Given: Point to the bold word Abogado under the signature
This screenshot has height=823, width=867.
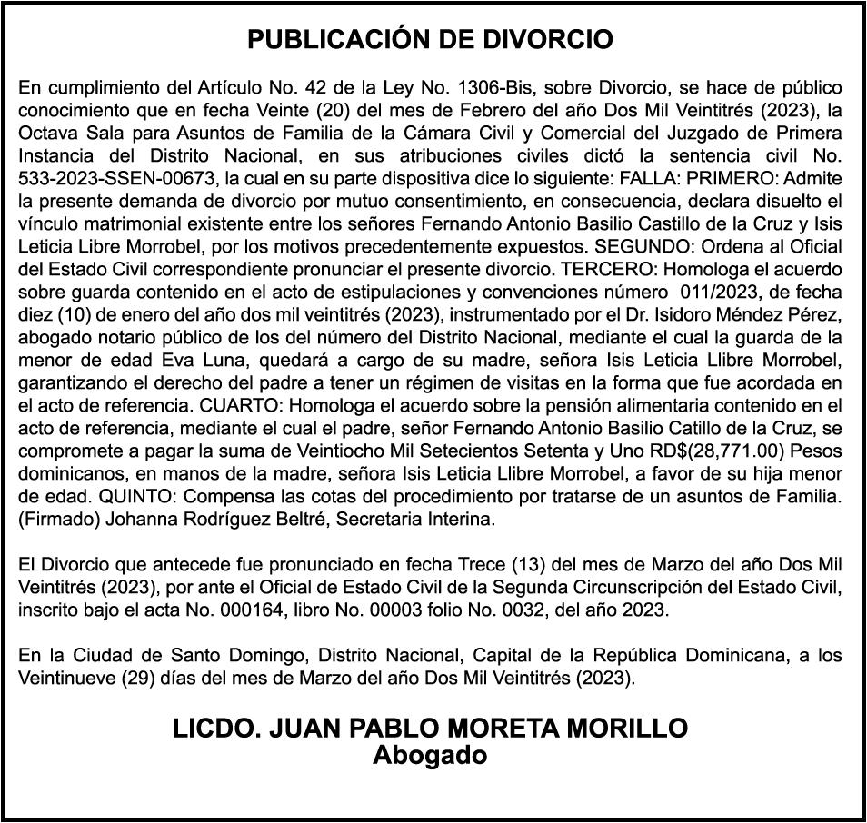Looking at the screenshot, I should coord(430,755).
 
